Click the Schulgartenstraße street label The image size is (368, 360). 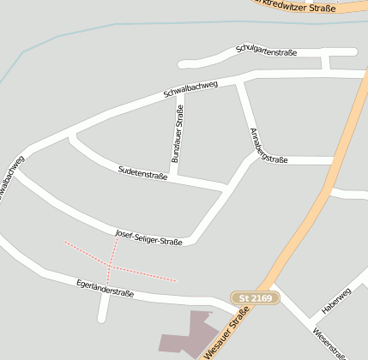click(x=266, y=52)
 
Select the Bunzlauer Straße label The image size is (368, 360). click(x=178, y=135)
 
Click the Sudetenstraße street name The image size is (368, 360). click(x=142, y=174)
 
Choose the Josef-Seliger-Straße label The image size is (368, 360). click(x=148, y=237)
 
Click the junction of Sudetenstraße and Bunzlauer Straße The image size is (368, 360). click(x=174, y=177)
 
